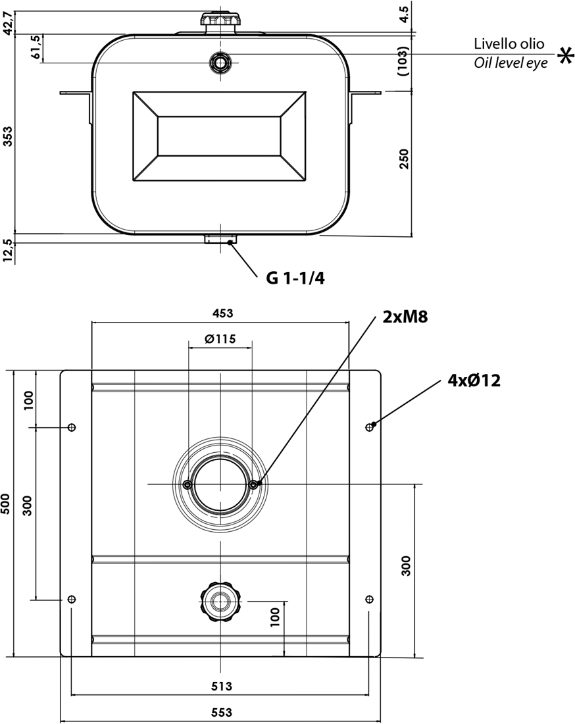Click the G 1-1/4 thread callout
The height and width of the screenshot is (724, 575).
click(x=295, y=278)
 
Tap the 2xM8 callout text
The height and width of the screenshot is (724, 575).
click(x=405, y=317)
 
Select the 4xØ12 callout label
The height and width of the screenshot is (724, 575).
click(x=474, y=380)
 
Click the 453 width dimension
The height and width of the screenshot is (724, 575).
click(x=222, y=313)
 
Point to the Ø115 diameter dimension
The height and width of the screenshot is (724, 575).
click(x=220, y=339)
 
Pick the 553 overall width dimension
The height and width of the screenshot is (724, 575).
click(x=222, y=712)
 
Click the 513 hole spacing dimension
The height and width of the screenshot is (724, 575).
click(x=222, y=686)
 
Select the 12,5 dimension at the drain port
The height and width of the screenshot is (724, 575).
click(x=9, y=251)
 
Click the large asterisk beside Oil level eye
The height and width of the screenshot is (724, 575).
click(x=564, y=57)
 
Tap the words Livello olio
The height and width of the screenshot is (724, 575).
click(x=509, y=44)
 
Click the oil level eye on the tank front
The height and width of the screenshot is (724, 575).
click(x=220, y=63)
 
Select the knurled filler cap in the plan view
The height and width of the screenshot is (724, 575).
click(x=220, y=600)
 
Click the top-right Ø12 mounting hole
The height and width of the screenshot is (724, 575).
click(x=369, y=428)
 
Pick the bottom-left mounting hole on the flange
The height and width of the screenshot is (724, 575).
click(x=72, y=599)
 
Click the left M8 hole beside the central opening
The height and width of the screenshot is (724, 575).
click(x=189, y=484)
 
